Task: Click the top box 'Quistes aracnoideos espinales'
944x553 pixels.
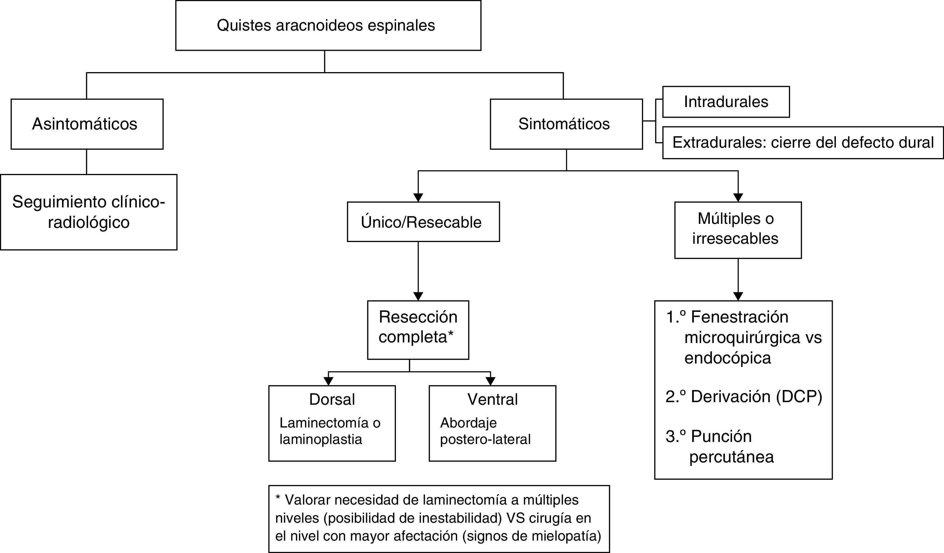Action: (x=328, y=25)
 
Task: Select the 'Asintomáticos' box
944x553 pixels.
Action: (x=87, y=124)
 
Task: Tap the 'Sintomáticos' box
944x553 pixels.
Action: (x=566, y=124)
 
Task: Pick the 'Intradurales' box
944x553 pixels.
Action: (x=726, y=102)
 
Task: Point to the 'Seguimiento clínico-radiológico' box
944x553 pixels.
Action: (x=88, y=212)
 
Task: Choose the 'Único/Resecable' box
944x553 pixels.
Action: (x=423, y=222)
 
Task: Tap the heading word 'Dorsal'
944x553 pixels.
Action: (x=332, y=399)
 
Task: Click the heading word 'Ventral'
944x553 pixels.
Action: (x=492, y=399)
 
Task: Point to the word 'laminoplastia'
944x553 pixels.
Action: (x=321, y=439)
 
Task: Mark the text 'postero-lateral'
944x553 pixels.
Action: (x=485, y=439)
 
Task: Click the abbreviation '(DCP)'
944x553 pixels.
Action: (x=799, y=397)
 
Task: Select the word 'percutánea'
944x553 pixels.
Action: (x=731, y=457)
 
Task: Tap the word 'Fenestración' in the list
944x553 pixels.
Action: (x=739, y=317)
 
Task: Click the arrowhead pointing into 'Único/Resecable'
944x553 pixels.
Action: (x=418, y=198)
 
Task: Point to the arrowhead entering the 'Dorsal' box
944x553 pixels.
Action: (x=328, y=381)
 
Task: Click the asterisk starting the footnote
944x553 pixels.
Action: (x=278, y=499)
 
